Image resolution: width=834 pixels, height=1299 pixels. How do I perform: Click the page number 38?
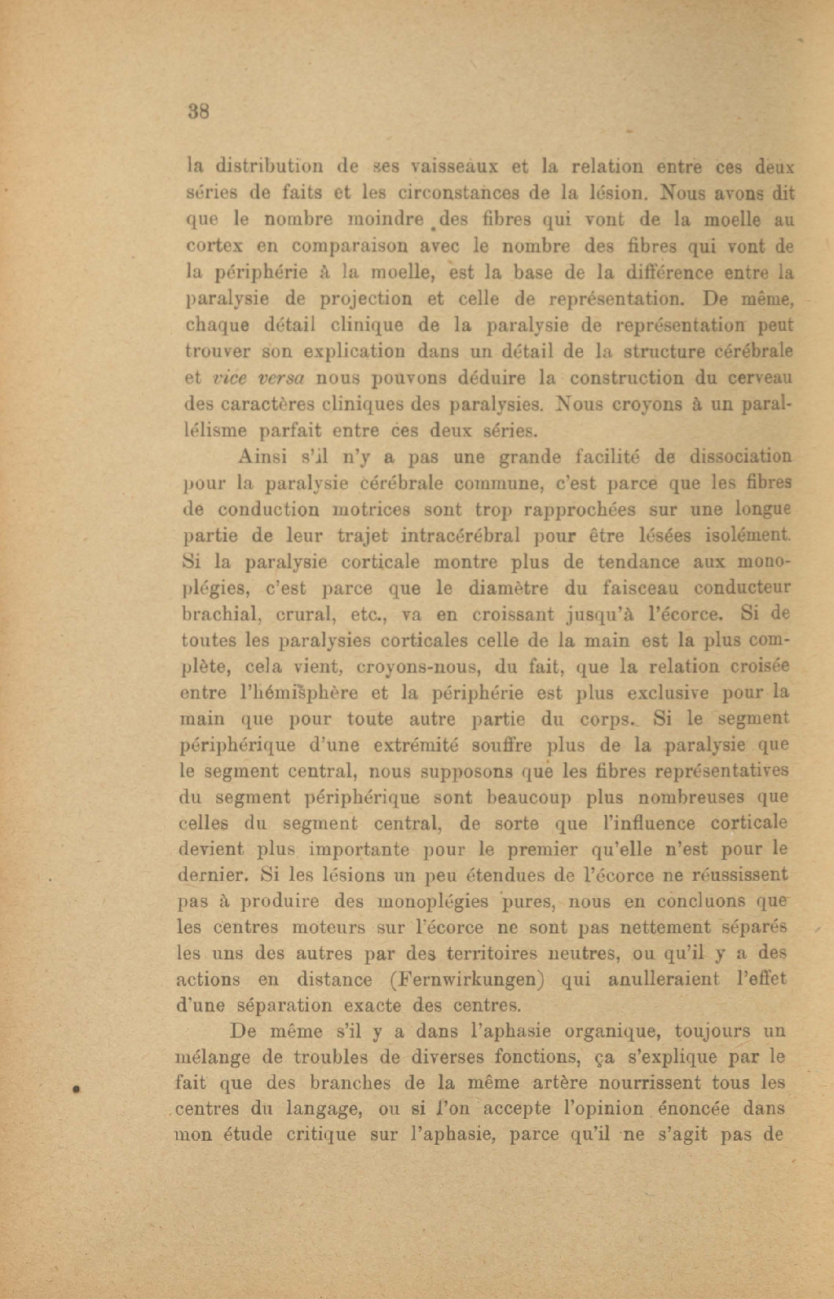tap(198, 111)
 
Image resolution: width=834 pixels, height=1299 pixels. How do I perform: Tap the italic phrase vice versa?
tap(258, 378)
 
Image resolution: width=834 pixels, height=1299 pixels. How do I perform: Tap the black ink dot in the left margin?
tap(75, 1088)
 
